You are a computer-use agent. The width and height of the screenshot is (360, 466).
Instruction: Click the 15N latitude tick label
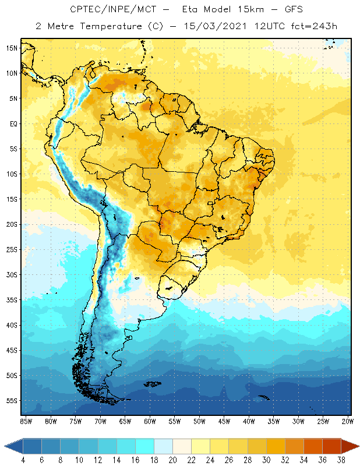pos(11,48)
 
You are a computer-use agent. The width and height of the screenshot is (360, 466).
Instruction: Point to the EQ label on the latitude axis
pos(12,123)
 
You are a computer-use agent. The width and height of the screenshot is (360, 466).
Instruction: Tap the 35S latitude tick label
pos(11,300)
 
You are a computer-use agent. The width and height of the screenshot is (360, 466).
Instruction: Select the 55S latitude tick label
pos(11,401)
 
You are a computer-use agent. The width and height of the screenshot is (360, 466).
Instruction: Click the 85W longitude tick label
pos(26,421)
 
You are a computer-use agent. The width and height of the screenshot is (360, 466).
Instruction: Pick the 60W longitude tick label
pos(150,421)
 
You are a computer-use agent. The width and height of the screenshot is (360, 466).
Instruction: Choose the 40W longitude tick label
pos(249,421)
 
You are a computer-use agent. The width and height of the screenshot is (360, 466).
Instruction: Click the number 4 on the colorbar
pos(23,460)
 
